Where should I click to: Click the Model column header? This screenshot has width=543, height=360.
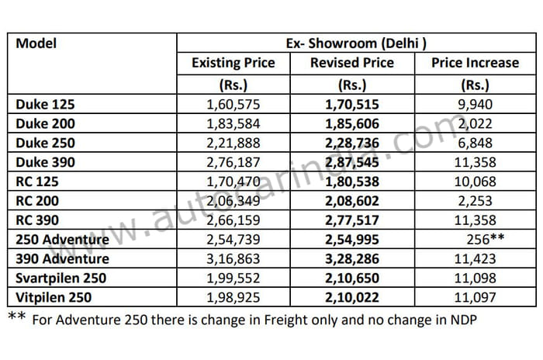point(36,43)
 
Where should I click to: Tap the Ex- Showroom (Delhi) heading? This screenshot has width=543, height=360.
point(354,43)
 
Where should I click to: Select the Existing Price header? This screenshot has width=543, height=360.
point(233,64)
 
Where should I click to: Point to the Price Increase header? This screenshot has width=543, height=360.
point(475,64)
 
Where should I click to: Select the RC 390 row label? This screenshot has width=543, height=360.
point(38,220)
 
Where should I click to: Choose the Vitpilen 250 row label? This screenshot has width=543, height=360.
point(54,297)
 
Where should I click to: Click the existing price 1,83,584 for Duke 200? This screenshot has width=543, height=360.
point(233,123)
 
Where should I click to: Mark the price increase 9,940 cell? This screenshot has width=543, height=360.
point(475,104)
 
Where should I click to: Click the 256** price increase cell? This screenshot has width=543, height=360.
point(482,240)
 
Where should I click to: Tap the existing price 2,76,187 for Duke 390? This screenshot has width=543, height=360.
point(233,162)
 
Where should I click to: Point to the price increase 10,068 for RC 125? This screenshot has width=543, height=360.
point(475,182)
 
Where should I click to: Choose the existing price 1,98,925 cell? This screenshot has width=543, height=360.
point(233,297)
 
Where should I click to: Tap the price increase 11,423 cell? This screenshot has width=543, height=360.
point(475,259)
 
